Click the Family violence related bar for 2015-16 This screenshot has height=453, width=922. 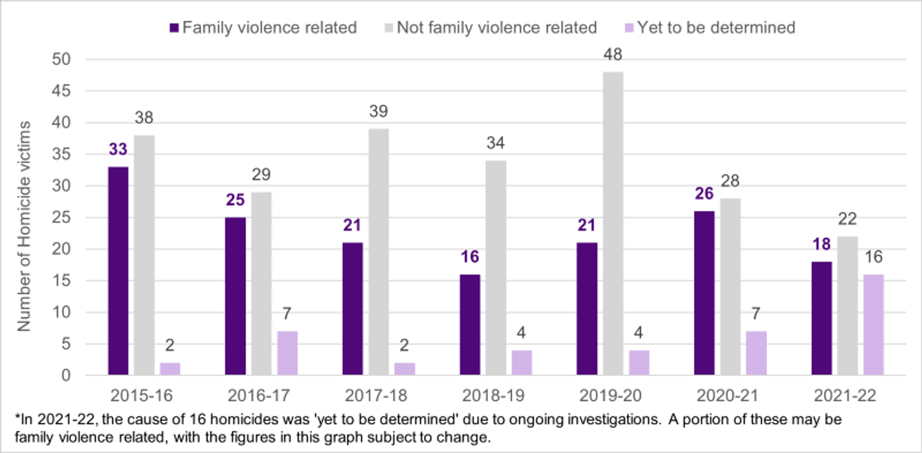[118, 271]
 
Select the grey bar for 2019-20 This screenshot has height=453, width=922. [613, 224]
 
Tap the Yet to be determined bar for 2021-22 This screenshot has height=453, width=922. [873, 325]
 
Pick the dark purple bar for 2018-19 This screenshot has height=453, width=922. [469, 325]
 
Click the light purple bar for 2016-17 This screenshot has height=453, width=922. [288, 353]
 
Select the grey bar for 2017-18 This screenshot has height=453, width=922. [379, 252]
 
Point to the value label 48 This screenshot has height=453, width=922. [613, 55]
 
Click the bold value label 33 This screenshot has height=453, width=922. [118, 149]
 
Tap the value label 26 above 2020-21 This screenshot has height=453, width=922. [704, 194]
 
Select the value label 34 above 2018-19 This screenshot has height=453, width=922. [496, 143]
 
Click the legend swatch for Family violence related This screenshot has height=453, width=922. [175, 28]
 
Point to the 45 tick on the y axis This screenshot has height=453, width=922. [63, 91]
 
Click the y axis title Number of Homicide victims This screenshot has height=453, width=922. [24, 226]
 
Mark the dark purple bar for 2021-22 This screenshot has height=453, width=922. [821, 319]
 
